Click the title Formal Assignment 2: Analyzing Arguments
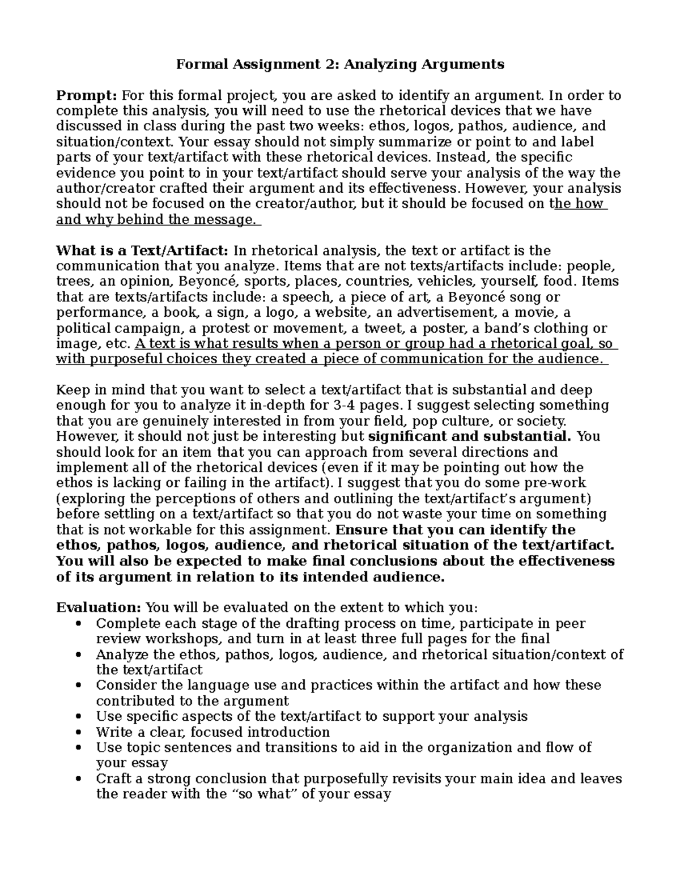[x=339, y=65]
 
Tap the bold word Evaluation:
[x=99, y=607]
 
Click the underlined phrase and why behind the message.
[x=156, y=220]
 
